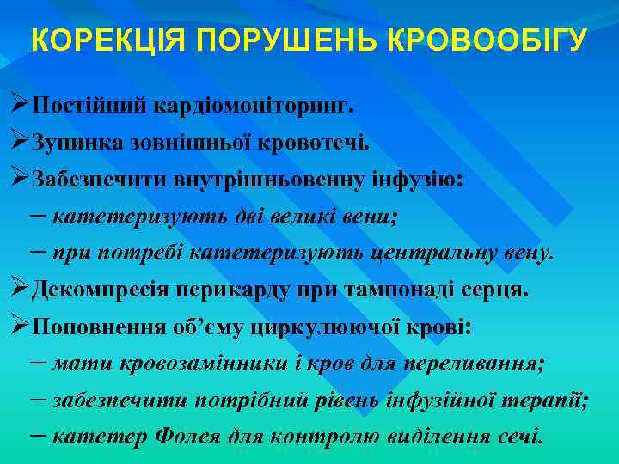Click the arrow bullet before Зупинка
(21, 141)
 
